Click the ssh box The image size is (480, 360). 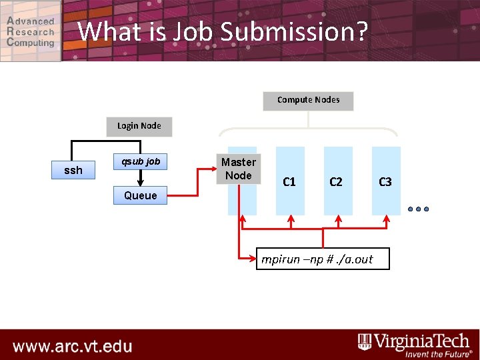pyautogui.click(x=73, y=171)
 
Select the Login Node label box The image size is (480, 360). pyautogui.click(x=139, y=126)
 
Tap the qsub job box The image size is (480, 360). pyautogui.click(x=140, y=161)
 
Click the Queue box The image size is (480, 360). pyautogui.click(x=140, y=195)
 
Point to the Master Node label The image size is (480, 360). pyautogui.click(x=239, y=169)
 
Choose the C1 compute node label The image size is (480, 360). pyautogui.click(x=289, y=181)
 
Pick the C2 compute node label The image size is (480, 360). pyautogui.click(x=336, y=181)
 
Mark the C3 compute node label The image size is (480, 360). pyautogui.click(x=385, y=181)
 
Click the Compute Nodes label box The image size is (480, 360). pyautogui.click(x=308, y=101)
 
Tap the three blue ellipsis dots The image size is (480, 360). pyautogui.click(x=418, y=209)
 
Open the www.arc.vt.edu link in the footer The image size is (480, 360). pyautogui.click(x=72, y=347)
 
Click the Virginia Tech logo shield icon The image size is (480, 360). pyautogui.click(x=365, y=342)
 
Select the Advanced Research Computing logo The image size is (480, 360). pyautogui.click(x=31, y=31)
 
